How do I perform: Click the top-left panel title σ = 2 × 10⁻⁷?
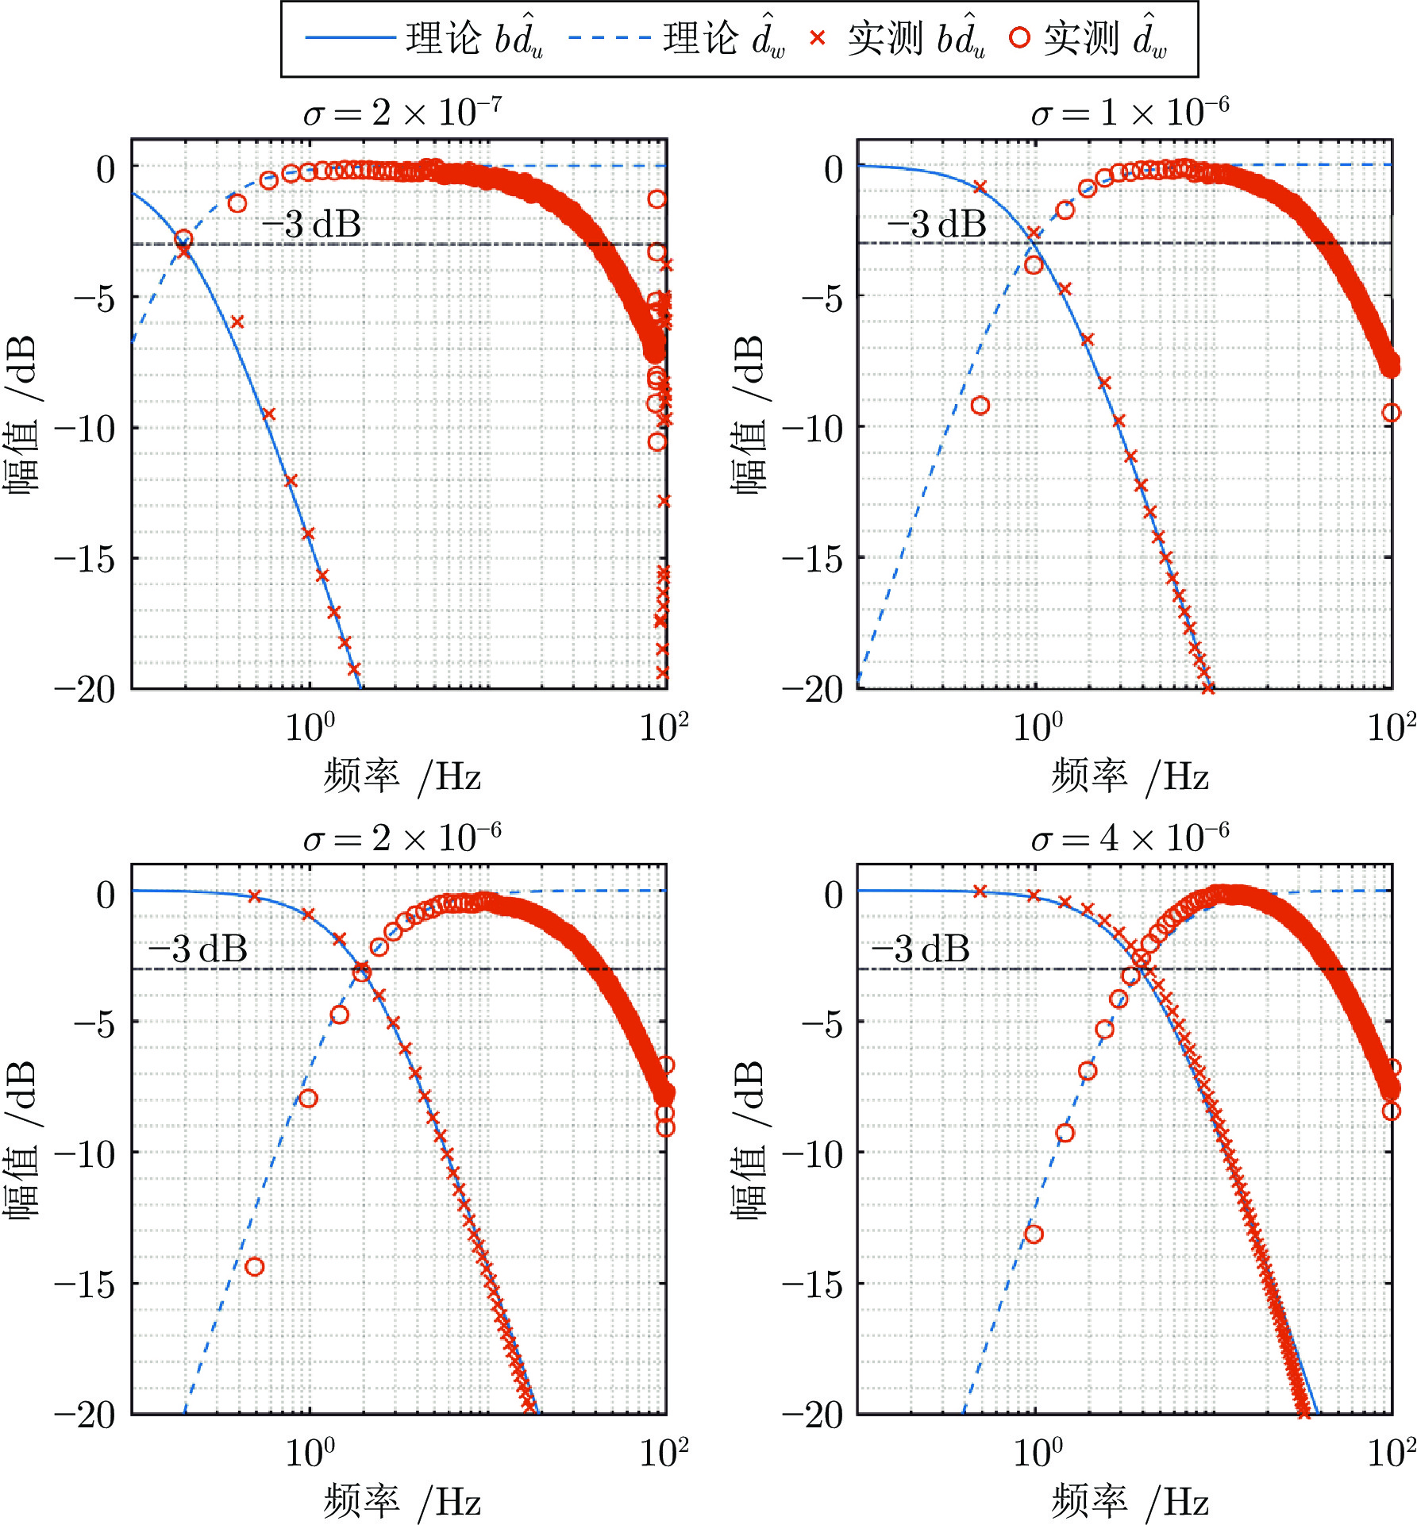[x=402, y=113]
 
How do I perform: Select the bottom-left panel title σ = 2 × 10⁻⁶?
[x=402, y=838]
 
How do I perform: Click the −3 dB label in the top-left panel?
[x=312, y=225]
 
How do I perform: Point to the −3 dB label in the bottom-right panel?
[x=921, y=949]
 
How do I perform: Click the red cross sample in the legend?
[x=818, y=38]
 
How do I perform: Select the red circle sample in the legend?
[x=1020, y=38]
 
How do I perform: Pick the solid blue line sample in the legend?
[x=350, y=38]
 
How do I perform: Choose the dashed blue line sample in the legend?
[x=610, y=38]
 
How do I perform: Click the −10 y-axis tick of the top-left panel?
[x=85, y=429]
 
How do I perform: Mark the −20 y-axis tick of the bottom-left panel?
[x=85, y=1415]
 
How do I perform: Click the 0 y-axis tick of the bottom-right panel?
[x=834, y=895]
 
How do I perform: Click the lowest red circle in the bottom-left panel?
[x=254, y=1267]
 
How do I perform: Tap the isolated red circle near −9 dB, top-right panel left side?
[x=980, y=406]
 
